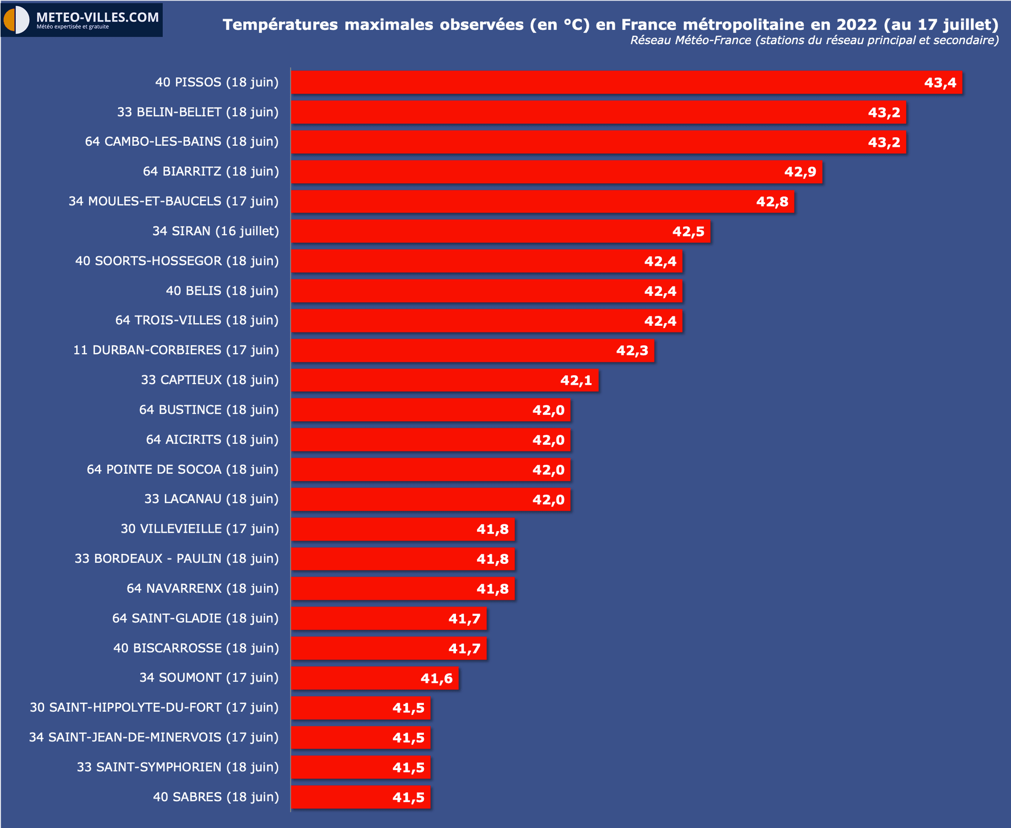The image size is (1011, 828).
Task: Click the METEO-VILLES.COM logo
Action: pos(82,20)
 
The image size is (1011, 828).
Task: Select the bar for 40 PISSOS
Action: pos(606,82)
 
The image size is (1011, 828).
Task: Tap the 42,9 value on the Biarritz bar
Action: pos(800,172)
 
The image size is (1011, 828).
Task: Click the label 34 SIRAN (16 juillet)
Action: pos(215,231)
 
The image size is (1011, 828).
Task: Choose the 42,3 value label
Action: pos(632,351)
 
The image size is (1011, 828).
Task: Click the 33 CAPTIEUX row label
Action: pos(210,380)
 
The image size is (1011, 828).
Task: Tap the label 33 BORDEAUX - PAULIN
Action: pos(176,558)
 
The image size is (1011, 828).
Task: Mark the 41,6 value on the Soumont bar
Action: pos(436,679)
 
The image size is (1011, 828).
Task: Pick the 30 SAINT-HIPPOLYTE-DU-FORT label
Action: pos(154,707)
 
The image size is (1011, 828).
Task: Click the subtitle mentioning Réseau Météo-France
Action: pos(814,41)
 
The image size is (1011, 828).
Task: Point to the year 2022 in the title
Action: pos(857,25)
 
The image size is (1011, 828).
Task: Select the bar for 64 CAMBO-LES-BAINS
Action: pos(579,142)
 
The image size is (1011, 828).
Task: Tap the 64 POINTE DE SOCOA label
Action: pos(182,470)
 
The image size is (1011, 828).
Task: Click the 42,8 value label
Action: pos(772,202)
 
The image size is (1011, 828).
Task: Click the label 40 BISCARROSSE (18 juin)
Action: pos(196,648)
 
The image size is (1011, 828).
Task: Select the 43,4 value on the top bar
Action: pos(940,83)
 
